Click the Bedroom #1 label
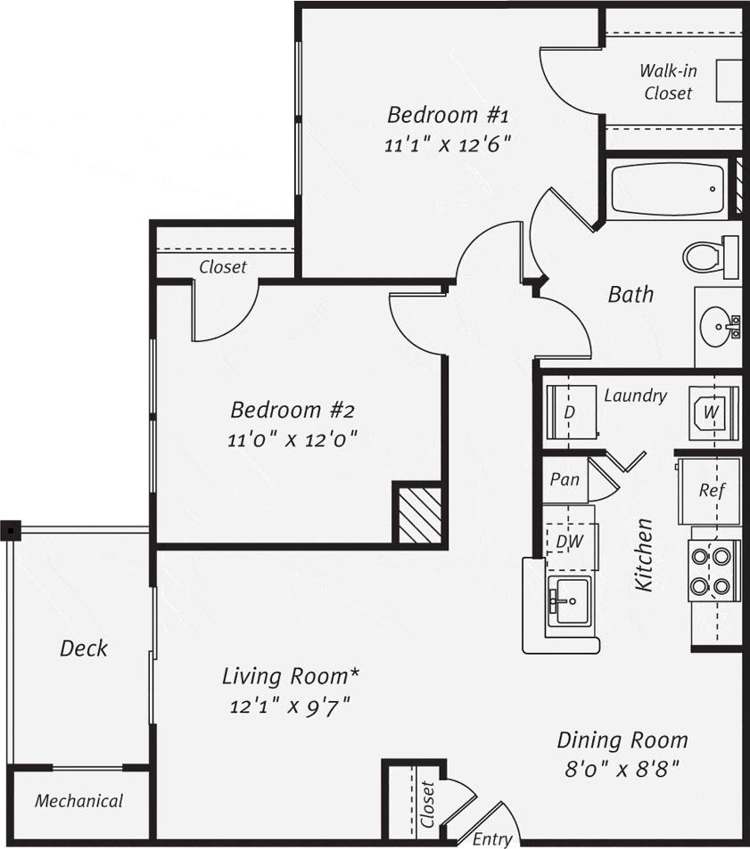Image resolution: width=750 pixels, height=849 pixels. click(x=447, y=116)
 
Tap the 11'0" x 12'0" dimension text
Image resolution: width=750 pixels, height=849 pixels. click(x=293, y=439)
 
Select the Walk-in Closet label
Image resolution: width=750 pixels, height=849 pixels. click(x=668, y=81)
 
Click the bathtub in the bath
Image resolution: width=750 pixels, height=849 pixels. click(x=667, y=189)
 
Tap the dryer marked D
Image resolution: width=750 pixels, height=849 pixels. click(x=569, y=412)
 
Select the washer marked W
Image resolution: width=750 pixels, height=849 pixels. click(x=713, y=412)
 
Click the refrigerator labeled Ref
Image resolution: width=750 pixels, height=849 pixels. click(x=710, y=490)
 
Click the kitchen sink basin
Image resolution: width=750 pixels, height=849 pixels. click(x=569, y=600)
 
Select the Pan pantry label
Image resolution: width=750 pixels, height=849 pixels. click(x=564, y=479)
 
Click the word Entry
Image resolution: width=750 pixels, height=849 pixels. click(x=491, y=838)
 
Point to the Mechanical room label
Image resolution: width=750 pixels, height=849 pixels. click(x=78, y=801)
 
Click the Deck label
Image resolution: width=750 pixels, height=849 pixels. click(x=83, y=649)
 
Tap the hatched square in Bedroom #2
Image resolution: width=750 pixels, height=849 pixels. click(x=419, y=514)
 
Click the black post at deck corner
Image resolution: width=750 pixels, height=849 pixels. click(x=10, y=531)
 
